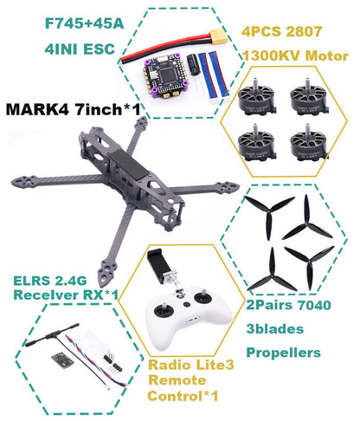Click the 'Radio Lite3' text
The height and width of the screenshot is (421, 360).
coord(185,365)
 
